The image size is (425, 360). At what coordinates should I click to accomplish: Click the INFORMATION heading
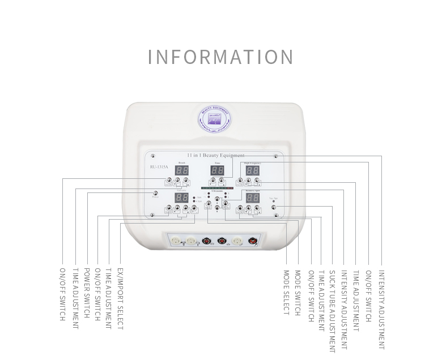220,57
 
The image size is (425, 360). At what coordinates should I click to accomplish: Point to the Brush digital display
181,170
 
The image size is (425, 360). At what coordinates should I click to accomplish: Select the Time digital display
217,170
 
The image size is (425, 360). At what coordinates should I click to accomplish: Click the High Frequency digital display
252,170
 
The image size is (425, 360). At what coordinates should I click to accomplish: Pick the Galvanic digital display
181,198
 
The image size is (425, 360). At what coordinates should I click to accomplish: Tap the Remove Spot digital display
253,198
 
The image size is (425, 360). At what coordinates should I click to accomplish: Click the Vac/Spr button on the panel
274,208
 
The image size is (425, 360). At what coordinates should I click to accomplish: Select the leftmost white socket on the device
176,241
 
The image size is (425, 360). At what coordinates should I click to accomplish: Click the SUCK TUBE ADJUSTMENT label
332,311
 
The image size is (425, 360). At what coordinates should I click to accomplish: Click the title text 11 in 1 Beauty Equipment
215,155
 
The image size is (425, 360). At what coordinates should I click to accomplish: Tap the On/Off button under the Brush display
168,181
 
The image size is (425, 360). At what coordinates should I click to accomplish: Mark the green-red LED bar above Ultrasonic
217,187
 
